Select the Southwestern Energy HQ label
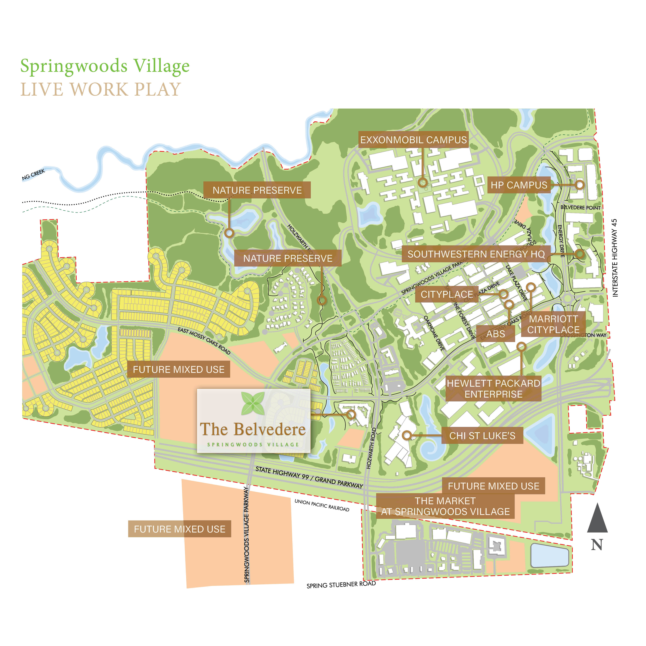tap(476, 254)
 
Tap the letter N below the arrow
tap(597, 545)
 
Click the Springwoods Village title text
tap(105, 66)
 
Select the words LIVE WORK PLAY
tap(101, 90)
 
